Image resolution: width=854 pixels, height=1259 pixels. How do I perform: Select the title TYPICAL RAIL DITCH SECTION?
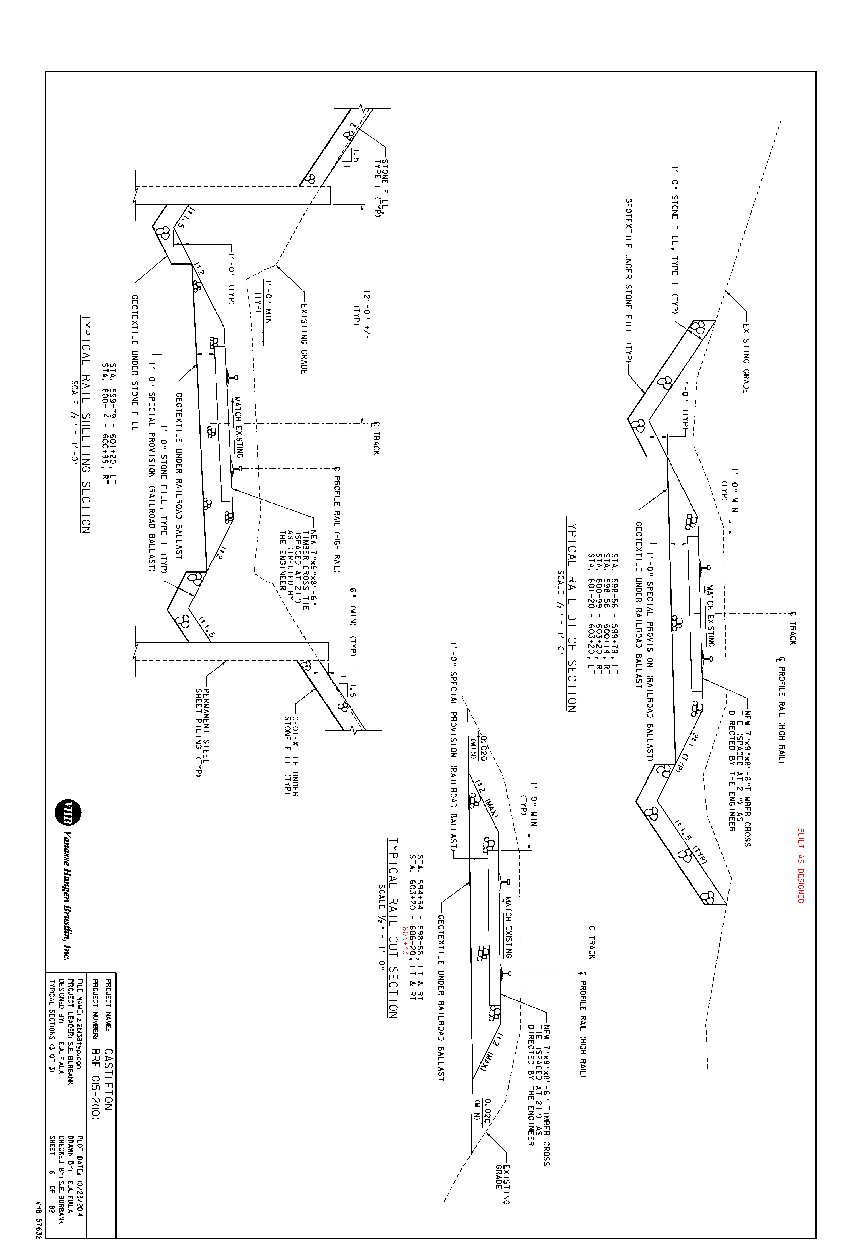tap(571, 614)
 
